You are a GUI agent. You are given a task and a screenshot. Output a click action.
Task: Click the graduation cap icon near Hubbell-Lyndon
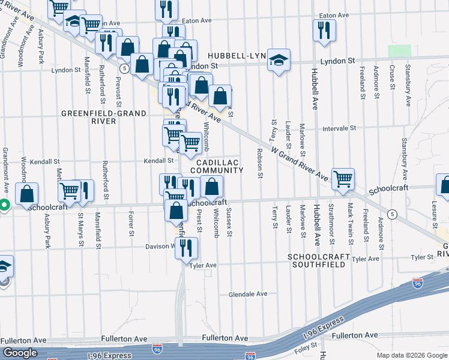click(x=279, y=60)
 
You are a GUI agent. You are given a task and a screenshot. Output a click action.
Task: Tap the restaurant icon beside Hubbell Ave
click(x=324, y=31)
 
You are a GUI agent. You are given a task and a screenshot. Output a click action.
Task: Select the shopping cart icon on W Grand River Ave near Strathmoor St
click(x=343, y=179)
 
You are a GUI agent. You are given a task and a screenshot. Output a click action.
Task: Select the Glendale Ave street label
click(x=248, y=294)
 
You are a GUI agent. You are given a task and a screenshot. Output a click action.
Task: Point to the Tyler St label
click(x=422, y=257)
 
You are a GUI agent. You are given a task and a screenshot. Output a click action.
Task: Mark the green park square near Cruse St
click(x=399, y=52)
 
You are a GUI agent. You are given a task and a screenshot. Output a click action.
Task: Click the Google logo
click(x=20, y=353)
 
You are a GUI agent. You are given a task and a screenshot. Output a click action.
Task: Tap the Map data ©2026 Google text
click(x=411, y=355)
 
